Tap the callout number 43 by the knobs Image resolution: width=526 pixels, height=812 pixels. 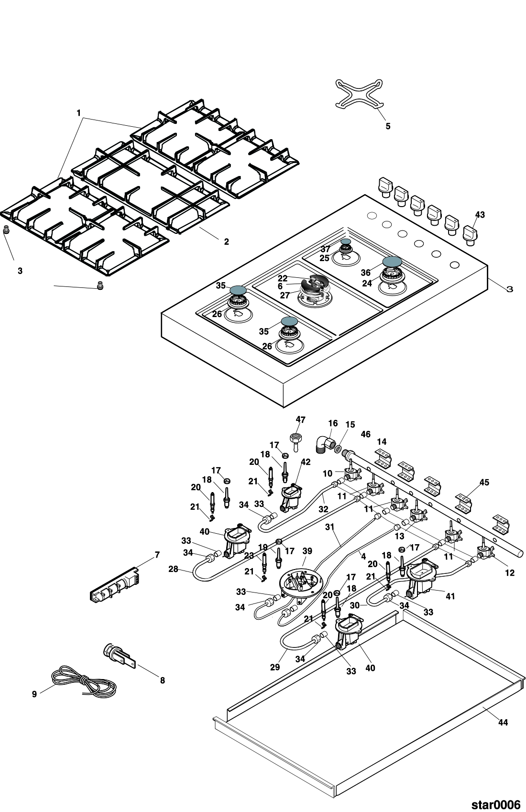[479, 215]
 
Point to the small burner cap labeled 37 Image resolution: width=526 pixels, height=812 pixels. [345, 242]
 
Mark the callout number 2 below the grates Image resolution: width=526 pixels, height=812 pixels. [226, 242]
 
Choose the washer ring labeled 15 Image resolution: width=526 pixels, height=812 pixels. [338, 449]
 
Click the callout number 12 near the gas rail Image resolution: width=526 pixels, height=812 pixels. [510, 573]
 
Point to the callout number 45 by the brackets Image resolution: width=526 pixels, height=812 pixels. [484, 483]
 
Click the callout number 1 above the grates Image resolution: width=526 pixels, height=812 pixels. [78, 113]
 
